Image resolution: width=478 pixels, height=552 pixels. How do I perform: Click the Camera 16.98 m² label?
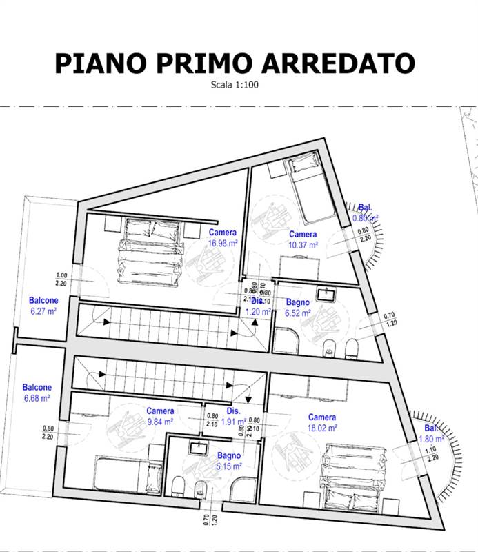(x=221, y=237)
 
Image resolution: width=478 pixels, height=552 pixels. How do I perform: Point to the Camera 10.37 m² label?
(x=303, y=239)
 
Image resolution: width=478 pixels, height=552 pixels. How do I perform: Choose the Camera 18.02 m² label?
(x=322, y=422)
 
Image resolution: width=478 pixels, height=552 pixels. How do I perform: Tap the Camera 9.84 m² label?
(x=159, y=416)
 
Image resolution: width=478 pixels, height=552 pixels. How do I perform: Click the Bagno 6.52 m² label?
(x=298, y=308)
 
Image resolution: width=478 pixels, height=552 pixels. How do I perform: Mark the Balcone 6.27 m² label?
(x=43, y=306)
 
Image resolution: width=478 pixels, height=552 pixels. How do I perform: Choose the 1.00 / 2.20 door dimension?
(x=61, y=279)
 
